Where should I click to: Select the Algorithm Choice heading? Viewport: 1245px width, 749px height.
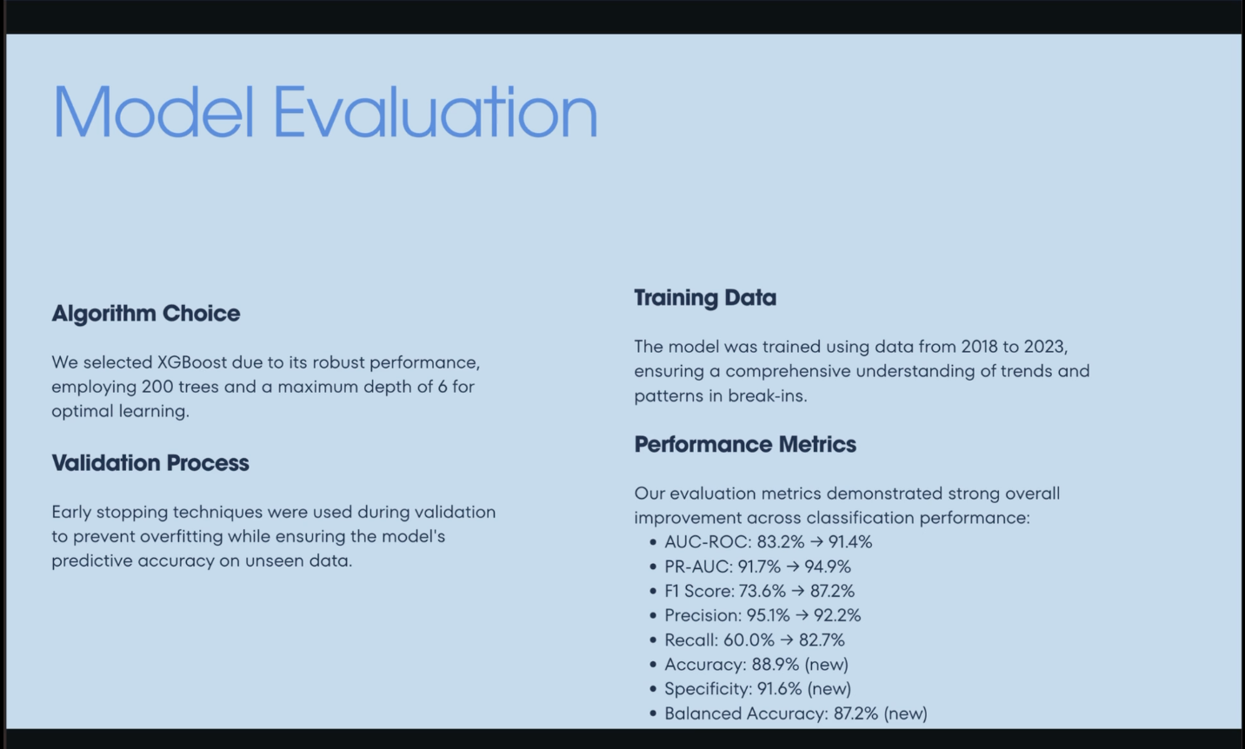coord(146,314)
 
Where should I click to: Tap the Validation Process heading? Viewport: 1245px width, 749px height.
coord(150,463)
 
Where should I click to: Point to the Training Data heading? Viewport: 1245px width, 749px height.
coord(705,298)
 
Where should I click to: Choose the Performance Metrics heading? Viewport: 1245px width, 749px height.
coord(745,445)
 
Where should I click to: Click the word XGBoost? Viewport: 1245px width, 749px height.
coord(192,363)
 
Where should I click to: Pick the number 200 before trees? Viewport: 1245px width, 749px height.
coord(157,387)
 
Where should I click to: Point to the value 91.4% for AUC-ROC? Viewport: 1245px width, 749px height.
coord(850,541)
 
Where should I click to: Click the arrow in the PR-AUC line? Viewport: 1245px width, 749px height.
coord(793,567)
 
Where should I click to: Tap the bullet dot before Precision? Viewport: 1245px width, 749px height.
coord(653,616)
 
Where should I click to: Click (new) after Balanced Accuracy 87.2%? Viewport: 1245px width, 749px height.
coord(905,713)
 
